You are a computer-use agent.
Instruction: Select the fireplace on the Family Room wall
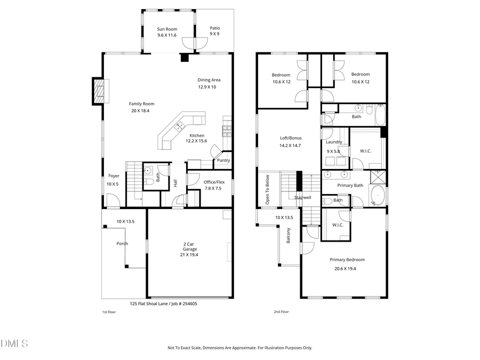click(x=98, y=91)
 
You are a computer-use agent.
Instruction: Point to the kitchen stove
click(x=227, y=130)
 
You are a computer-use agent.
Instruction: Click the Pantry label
click(x=223, y=160)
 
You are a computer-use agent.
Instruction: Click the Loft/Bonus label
click(x=291, y=138)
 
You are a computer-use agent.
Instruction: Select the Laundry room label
click(x=334, y=142)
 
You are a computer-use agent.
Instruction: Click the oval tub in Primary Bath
click(x=378, y=196)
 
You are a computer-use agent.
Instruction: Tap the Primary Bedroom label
click(x=347, y=260)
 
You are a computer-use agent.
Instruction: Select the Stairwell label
click(x=303, y=197)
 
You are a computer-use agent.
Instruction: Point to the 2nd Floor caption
click(x=281, y=312)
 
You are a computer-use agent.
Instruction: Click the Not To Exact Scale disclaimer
click(x=239, y=348)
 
